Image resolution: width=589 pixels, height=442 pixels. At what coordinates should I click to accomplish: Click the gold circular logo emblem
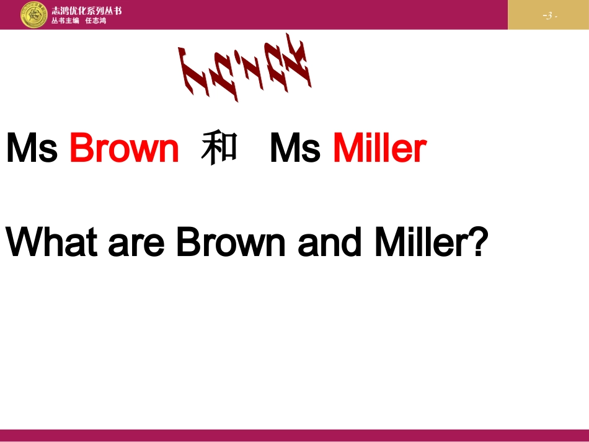coord(33,14)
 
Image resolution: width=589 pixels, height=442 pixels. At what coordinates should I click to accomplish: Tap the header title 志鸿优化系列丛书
coord(87,10)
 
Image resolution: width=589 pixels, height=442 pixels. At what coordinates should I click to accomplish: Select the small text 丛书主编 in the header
coord(65,20)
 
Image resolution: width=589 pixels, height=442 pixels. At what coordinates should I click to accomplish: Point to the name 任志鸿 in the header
coord(95,20)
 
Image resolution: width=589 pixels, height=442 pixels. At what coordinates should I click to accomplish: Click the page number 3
coord(549,15)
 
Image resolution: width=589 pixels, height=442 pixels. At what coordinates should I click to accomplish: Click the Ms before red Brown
coord(32,149)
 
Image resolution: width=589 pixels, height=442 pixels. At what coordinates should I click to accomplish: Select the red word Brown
coord(124,149)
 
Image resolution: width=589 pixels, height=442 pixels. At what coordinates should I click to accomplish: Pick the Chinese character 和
coord(219,149)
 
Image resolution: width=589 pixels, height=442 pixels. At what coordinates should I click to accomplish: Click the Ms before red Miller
coord(295,149)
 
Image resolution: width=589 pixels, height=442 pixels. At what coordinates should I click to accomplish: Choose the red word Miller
coord(379,149)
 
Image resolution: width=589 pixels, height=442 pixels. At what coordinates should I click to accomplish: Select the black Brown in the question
coord(231,242)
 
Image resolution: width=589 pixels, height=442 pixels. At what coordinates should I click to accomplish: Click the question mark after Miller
coord(474,242)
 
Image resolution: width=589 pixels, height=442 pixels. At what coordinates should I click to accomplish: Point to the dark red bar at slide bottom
coord(294,435)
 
